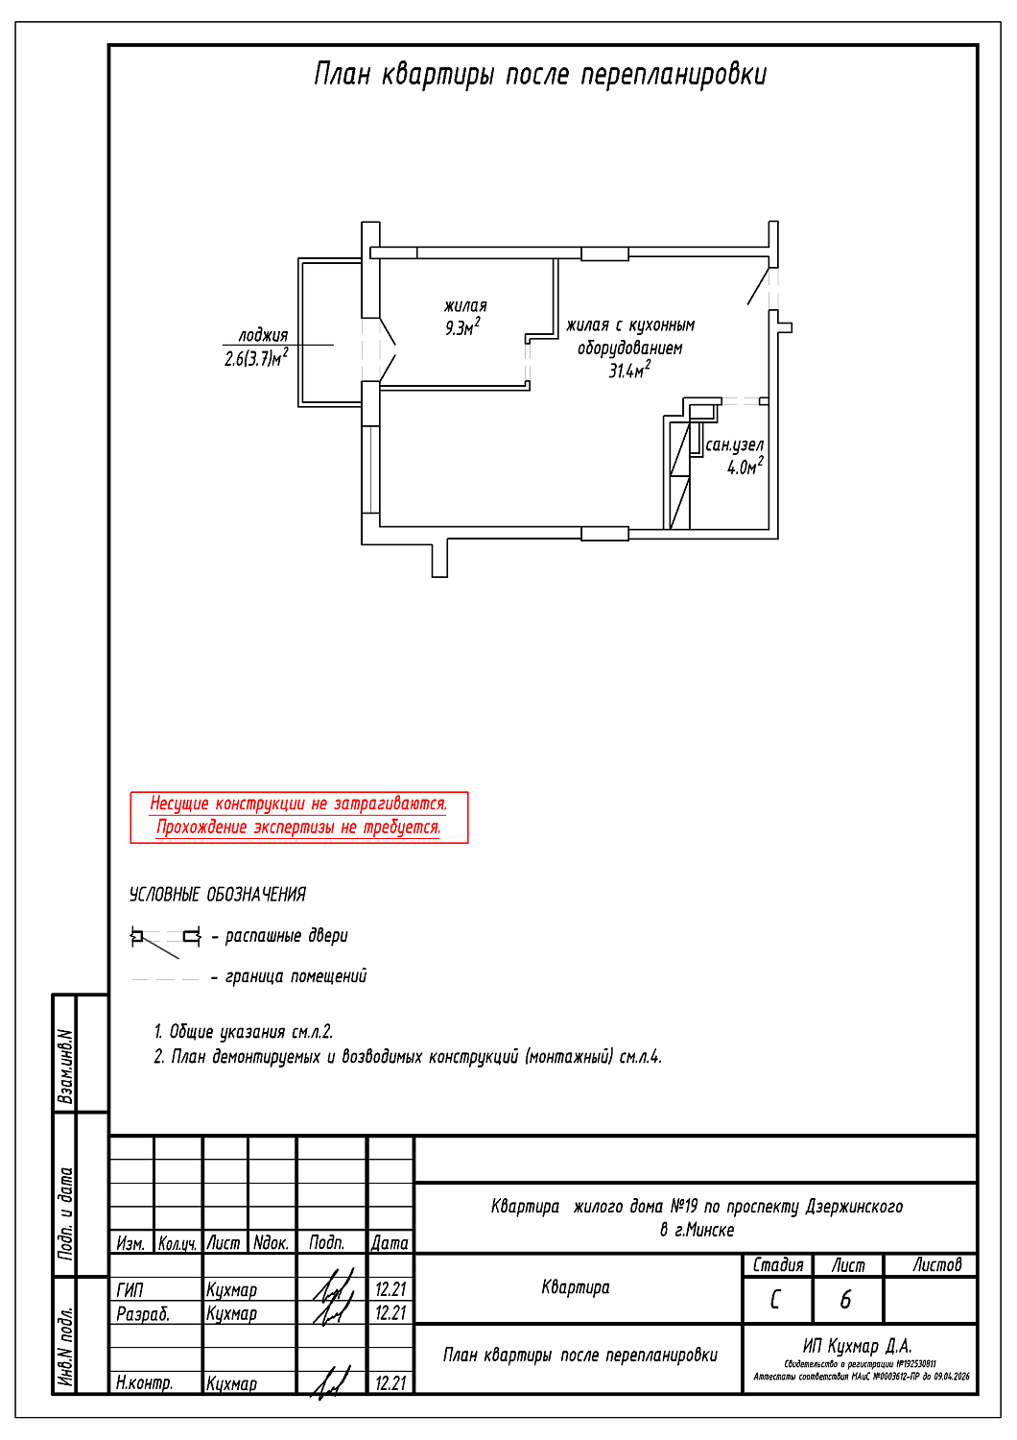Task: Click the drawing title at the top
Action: (x=540, y=75)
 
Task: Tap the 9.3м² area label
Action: (x=461, y=328)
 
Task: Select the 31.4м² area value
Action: (x=628, y=371)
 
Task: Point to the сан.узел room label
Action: (x=734, y=445)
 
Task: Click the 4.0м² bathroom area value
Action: (x=745, y=468)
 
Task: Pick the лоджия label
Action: (x=263, y=335)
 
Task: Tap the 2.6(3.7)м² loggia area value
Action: (x=256, y=359)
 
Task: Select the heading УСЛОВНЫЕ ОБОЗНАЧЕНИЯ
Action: (x=218, y=895)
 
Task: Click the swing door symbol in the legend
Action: (x=165, y=938)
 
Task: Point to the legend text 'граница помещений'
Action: (x=296, y=976)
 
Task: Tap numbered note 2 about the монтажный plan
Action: (x=408, y=1057)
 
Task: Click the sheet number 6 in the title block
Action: (x=845, y=1300)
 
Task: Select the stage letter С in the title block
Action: (x=775, y=1300)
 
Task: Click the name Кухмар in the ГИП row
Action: (x=231, y=1290)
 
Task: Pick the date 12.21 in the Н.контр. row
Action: (x=390, y=1383)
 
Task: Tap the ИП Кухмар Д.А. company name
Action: (x=857, y=1346)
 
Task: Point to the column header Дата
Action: (x=390, y=1243)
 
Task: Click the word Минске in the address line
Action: (x=711, y=1231)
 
